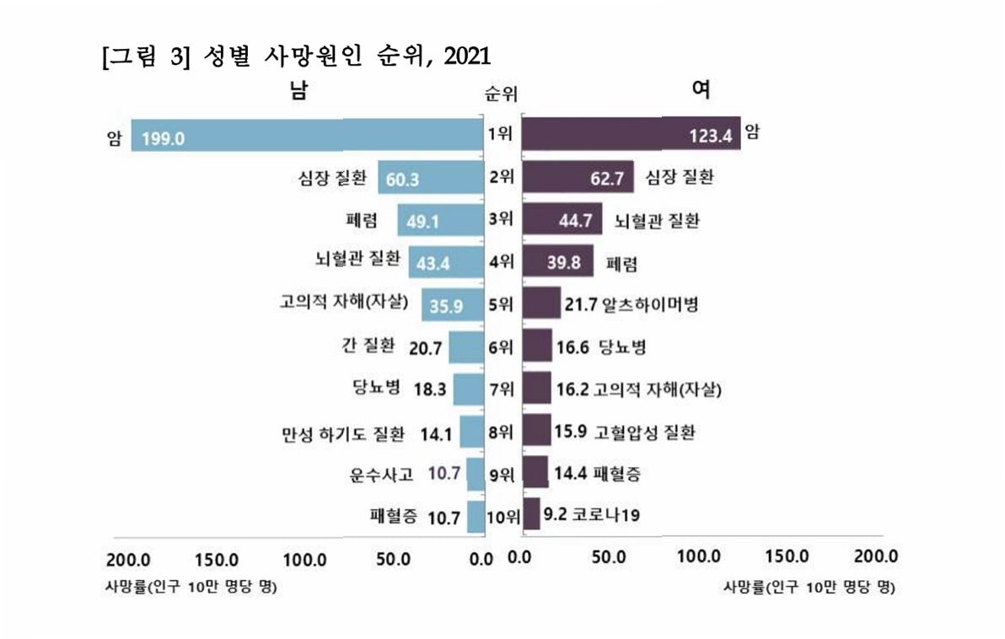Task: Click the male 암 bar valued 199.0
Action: pyautogui.click(x=308, y=136)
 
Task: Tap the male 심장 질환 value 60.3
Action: pyautogui.click(x=404, y=180)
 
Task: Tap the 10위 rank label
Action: pyautogui.click(x=503, y=516)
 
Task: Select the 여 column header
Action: pyautogui.click(x=701, y=89)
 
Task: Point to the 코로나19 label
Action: pyautogui.click(x=605, y=514)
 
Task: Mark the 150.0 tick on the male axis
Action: pyautogui.click(x=218, y=559)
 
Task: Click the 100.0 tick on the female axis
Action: pyautogui.click(x=699, y=557)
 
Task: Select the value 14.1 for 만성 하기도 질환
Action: pyautogui.click(x=437, y=433)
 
